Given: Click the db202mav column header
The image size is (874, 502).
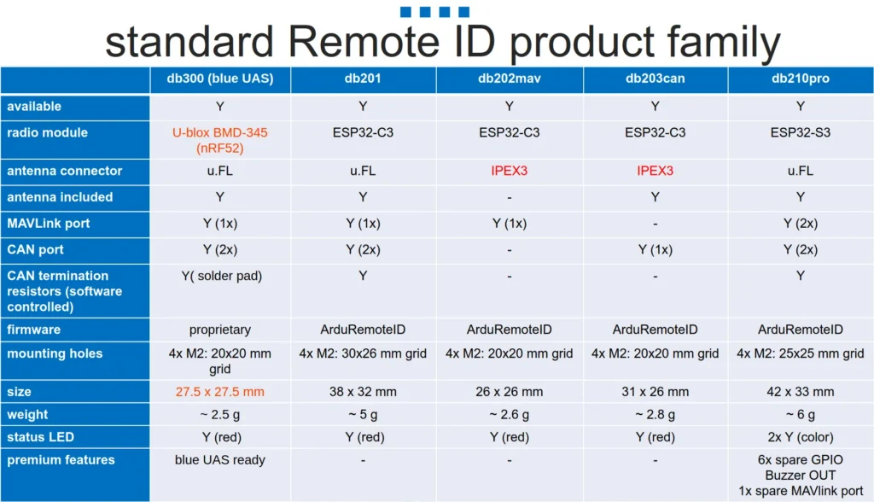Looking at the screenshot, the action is (x=509, y=79).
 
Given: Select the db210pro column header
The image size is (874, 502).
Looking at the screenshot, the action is (x=800, y=79).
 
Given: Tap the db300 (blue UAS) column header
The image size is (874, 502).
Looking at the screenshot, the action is (x=219, y=79).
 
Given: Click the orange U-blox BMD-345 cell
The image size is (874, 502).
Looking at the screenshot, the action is (x=219, y=141).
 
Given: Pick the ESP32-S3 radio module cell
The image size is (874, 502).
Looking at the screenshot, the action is (x=800, y=132).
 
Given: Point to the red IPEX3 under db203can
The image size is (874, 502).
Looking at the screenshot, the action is (x=655, y=171).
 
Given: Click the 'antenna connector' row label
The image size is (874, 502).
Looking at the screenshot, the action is (x=64, y=171).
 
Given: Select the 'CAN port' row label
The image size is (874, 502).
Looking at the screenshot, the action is (x=35, y=250).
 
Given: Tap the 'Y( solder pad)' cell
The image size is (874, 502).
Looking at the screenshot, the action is (x=221, y=276).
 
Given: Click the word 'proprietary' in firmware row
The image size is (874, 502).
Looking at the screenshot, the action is (x=219, y=330).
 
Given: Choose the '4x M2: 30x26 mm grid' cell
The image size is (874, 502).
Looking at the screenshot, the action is (x=363, y=353).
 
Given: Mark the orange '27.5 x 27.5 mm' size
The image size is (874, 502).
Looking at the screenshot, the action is (x=219, y=392).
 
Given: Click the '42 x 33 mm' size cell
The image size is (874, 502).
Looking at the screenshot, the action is (x=800, y=392).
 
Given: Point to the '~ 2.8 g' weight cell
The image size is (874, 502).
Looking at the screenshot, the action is (x=655, y=414).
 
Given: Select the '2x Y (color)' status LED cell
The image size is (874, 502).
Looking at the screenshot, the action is (x=800, y=437).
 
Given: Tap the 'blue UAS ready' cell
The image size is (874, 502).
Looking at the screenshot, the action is (x=219, y=460).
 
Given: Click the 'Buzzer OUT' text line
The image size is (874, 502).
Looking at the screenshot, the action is (x=800, y=476).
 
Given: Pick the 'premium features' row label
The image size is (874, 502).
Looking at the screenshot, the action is (x=61, y=460).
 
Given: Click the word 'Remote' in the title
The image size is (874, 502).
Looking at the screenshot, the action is (x=364, y=42).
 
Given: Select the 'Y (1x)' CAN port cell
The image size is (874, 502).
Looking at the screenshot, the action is (x=655, y=250).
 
